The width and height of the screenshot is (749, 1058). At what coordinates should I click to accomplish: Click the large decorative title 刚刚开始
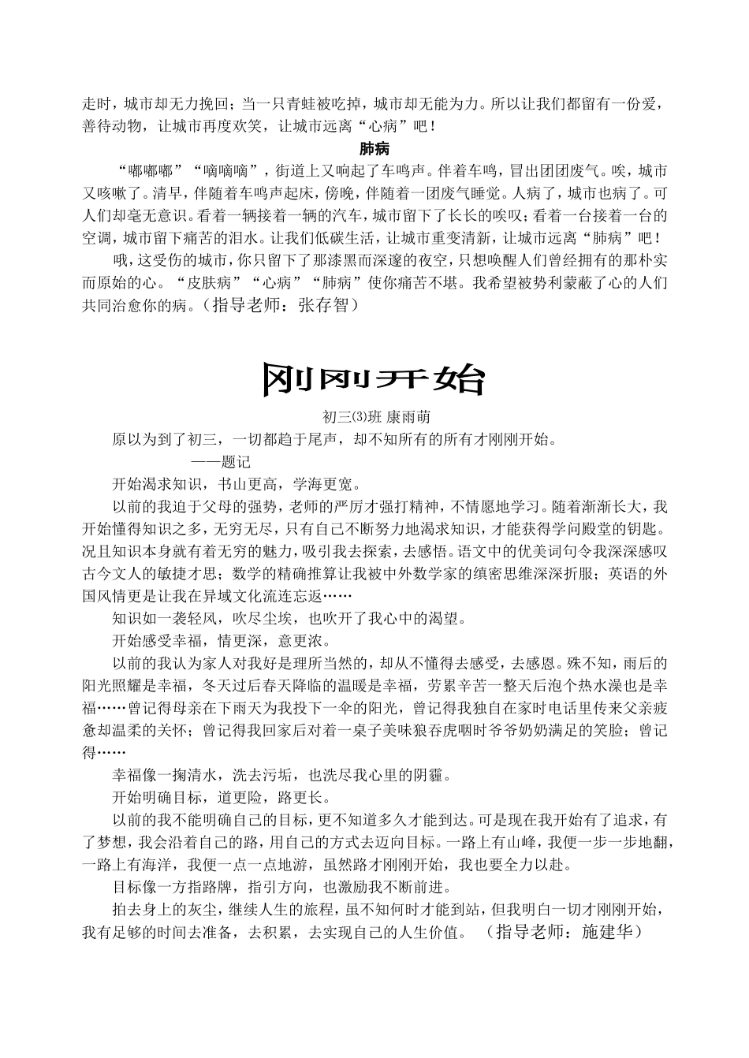373,379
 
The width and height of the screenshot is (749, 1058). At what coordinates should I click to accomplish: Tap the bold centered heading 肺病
374,148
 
